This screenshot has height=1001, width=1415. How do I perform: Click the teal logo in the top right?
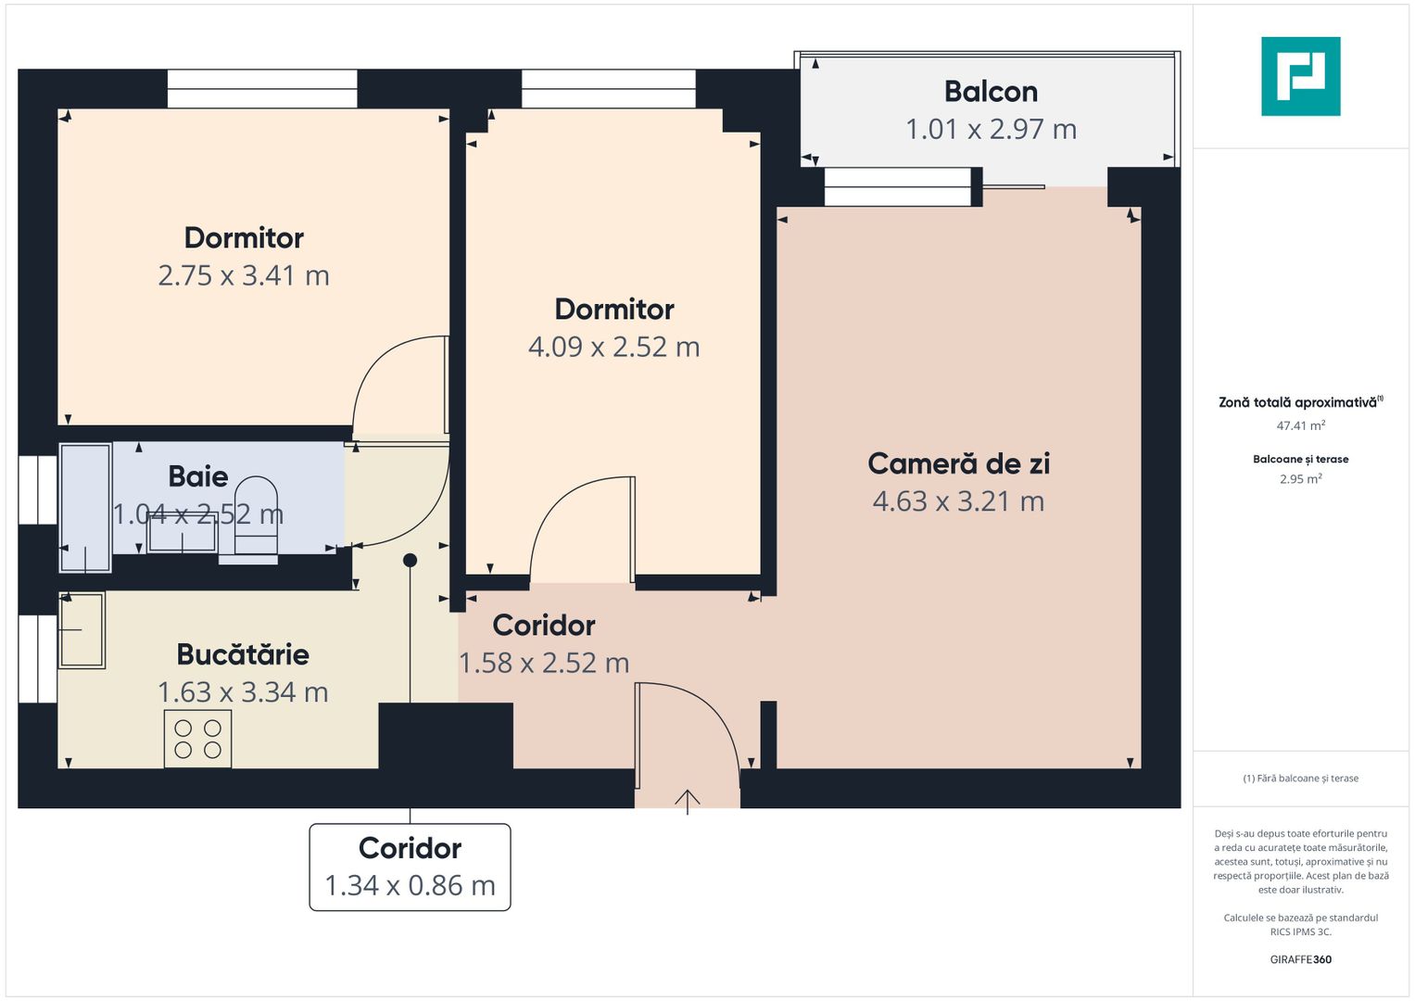1300,76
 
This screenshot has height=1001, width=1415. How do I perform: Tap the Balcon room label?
991,92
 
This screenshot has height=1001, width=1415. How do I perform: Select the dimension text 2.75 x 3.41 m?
244,275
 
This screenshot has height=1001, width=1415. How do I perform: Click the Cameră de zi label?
958,463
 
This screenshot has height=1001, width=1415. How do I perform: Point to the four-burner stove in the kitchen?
197,739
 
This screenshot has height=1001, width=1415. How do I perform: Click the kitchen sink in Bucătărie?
82,630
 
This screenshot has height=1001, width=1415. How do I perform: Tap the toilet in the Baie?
256,519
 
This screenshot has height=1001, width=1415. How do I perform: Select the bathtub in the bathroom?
85,507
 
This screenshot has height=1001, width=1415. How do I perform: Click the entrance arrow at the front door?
687,800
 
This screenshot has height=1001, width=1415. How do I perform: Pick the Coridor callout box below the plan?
410,867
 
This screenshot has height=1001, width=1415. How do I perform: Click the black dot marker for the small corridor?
410,560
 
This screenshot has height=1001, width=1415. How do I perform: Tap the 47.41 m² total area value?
1300,426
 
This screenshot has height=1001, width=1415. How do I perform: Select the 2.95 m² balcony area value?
1300,479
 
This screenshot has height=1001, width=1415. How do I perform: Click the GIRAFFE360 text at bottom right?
1300,959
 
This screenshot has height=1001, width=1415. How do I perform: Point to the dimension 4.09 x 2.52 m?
613,347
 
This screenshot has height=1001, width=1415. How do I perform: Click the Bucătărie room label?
243,654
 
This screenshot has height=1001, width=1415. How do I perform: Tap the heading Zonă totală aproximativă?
1297,402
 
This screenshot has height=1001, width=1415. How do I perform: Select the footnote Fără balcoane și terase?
1300,779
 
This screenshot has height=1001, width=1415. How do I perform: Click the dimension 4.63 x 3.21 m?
958,501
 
